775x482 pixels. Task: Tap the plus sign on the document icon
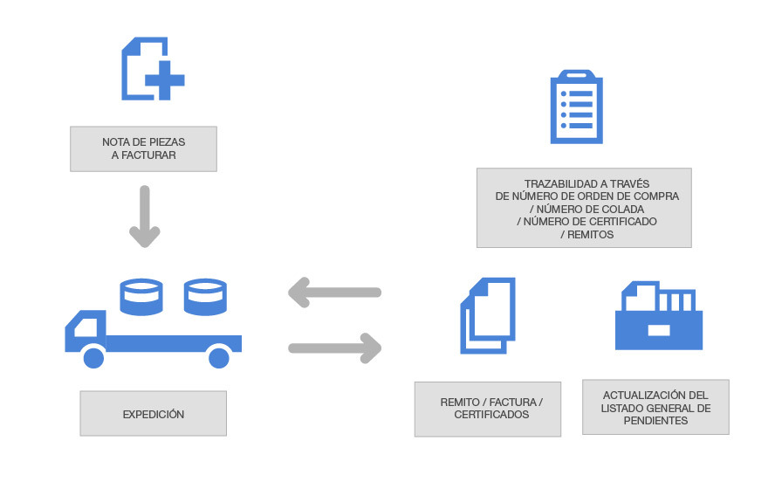click(x=164, y=83)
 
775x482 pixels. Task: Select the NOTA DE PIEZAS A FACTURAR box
click(x=143, y=148)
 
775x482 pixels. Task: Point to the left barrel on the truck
click(x=141, y=296)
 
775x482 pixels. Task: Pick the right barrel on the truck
click(x=205, y=296)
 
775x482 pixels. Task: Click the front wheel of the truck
click(x=93, y=357)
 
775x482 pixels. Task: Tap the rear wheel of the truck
click(x=218, y=357)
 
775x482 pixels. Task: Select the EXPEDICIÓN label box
click(x=154, y=414)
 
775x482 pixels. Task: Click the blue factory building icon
click(x=659, y=315)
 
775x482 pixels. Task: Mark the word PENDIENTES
click(x=655, y=421)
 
